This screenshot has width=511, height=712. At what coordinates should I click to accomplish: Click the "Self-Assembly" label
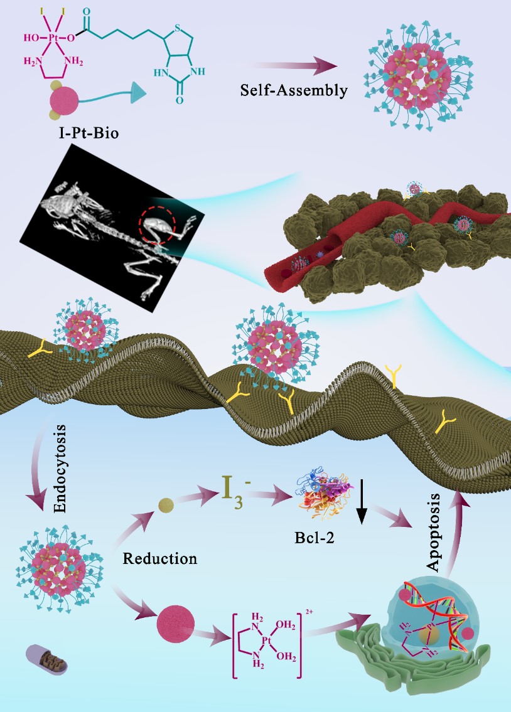point(294,90)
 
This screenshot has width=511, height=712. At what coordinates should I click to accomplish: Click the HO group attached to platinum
point(31,37)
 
